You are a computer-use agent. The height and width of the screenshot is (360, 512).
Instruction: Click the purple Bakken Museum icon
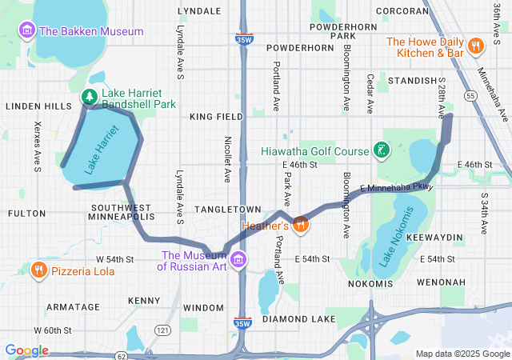tap(27, 31)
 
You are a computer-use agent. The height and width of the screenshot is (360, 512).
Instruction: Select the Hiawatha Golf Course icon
tap(382, 150)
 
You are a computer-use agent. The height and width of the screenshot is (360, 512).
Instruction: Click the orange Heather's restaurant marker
tap(301, 224)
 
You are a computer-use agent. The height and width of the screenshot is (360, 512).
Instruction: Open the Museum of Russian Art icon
tap(238, 260)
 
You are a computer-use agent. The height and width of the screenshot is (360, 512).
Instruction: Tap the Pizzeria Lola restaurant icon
tap(39, 270)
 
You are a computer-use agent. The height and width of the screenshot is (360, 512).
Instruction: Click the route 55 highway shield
tap(471, 95)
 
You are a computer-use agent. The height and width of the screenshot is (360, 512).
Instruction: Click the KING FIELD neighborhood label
tap(216, 117)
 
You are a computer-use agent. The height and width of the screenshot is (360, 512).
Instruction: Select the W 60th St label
tap(52, 330)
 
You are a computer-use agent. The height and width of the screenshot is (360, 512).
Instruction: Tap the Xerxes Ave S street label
tap(37, 146)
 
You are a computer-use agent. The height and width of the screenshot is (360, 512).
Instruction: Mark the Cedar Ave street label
tap(370, 93)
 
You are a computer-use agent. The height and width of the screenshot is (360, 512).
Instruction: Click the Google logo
tap(26, 350)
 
